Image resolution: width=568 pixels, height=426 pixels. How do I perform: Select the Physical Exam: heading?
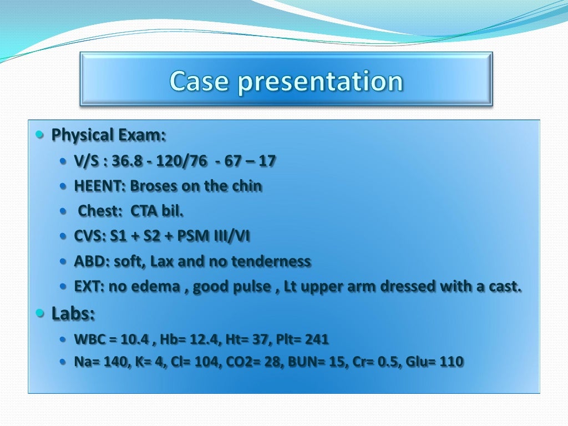(109, 135)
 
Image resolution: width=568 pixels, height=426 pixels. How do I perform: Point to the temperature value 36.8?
(126, 161)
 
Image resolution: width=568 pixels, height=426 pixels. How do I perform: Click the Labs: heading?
(73, 314)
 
